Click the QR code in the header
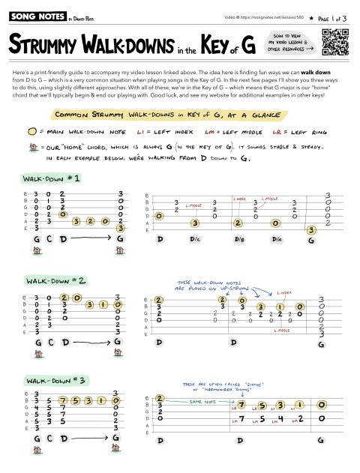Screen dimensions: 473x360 click(334, 41)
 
